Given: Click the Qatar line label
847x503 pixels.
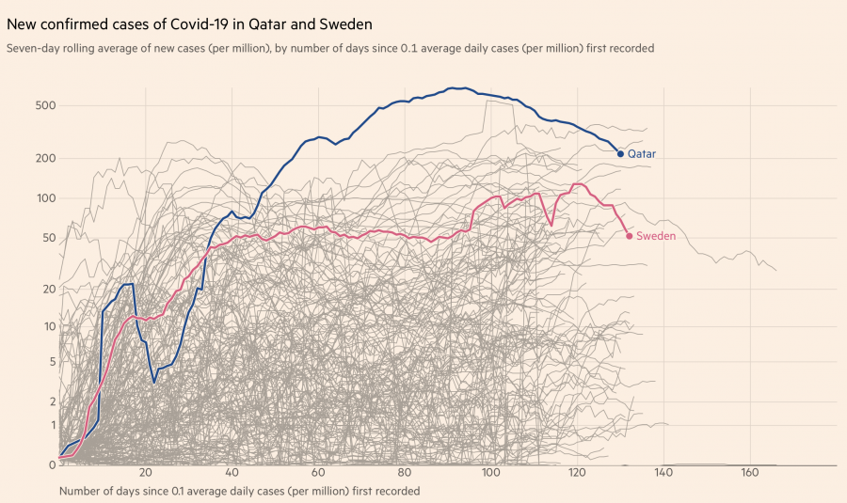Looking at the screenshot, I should tap(642, 153).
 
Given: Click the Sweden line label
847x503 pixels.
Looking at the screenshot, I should tap(656, 236).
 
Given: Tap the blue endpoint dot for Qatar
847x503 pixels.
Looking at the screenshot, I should tap(620, 153).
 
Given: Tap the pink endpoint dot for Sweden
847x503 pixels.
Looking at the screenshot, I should tap(630, 236).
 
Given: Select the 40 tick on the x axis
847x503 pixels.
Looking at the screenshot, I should tap(232, 472).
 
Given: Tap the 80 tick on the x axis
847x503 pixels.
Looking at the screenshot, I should tap(405, 472).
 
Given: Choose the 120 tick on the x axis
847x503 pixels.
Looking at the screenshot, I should tap(578, 472).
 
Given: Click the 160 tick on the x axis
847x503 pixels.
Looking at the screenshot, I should tap(750, 472).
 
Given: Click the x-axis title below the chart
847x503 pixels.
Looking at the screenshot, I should tap(239, 491).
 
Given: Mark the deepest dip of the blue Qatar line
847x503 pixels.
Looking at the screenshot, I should tap(154, 383).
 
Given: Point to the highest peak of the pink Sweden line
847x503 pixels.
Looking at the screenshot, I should tap(577, 184).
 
